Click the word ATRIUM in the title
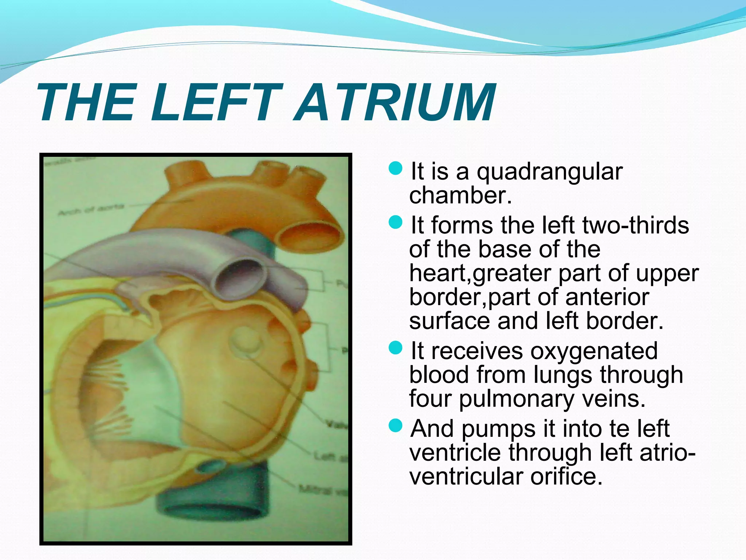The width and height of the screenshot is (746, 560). pos(395,103)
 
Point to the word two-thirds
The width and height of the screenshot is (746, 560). pos(636,225)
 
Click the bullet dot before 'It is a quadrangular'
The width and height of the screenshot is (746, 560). pos(395,168)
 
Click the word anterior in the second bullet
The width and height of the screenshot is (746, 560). pos(607,297)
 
